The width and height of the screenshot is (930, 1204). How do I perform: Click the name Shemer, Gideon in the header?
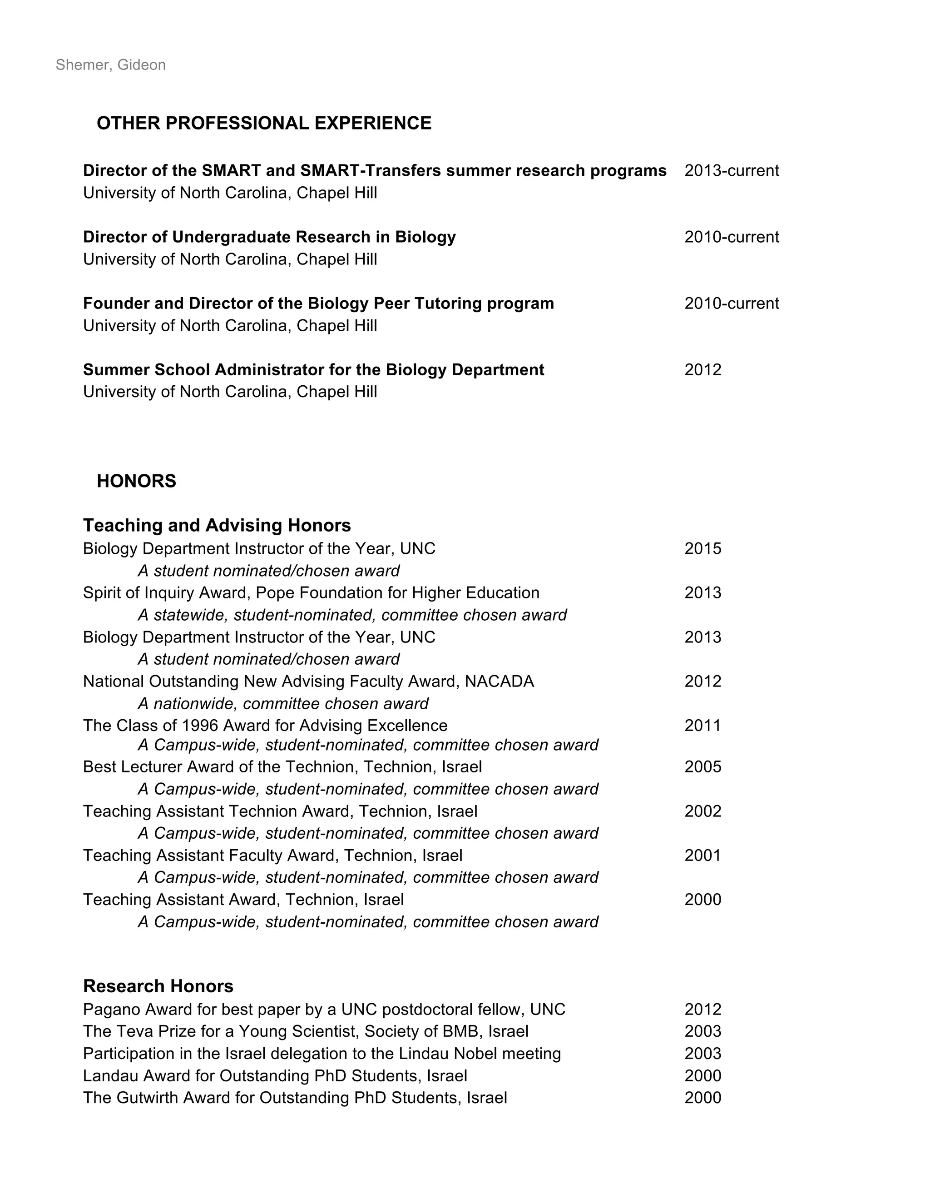click(111, 65)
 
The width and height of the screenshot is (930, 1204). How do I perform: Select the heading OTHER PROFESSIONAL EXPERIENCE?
click(264, 123)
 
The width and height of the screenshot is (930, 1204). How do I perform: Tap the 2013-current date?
click(731, 171)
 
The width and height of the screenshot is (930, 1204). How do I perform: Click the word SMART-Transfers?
click(370, 171)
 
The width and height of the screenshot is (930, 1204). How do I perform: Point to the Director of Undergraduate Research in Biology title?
click(269, 237)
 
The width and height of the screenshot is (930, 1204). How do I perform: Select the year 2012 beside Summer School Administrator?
click(702, 370)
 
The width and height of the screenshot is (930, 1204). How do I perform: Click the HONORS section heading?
click(136, 481)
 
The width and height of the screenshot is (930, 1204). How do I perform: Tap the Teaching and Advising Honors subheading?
click(217, 525)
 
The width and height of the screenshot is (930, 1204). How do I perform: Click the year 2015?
click(702, 548)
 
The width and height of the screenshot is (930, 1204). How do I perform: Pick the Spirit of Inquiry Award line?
click(311, 592)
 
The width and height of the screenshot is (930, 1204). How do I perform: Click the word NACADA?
click(499, 682)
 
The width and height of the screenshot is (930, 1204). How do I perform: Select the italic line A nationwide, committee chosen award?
click(282, 704)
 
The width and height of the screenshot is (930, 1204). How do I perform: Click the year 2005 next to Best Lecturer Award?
click(702, 767)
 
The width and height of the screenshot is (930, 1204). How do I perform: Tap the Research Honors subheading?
click(158, 986)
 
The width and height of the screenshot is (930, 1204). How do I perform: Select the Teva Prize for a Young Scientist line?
click(306, 1031)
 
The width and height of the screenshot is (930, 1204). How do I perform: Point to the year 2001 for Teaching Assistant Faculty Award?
click(702, 855)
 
